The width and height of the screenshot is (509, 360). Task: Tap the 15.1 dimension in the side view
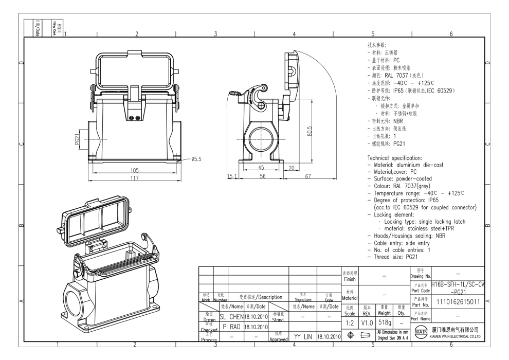point(232,176)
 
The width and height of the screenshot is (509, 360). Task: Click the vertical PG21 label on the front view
point(78,139)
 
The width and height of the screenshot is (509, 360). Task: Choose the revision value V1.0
point(367,321)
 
